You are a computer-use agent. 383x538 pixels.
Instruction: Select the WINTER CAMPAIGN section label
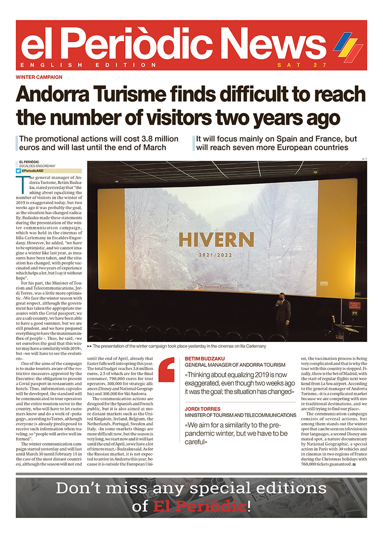coord(39,77)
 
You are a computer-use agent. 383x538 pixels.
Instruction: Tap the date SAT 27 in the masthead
coord(302,65)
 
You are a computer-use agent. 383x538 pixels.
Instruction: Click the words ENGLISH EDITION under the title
coord(88,65)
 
